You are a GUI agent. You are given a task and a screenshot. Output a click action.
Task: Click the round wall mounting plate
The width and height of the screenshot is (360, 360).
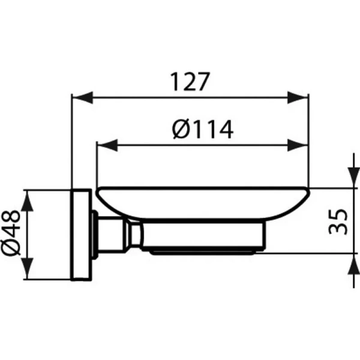point(80,234)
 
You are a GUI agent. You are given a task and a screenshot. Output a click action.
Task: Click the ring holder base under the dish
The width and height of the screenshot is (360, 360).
point(204,240)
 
